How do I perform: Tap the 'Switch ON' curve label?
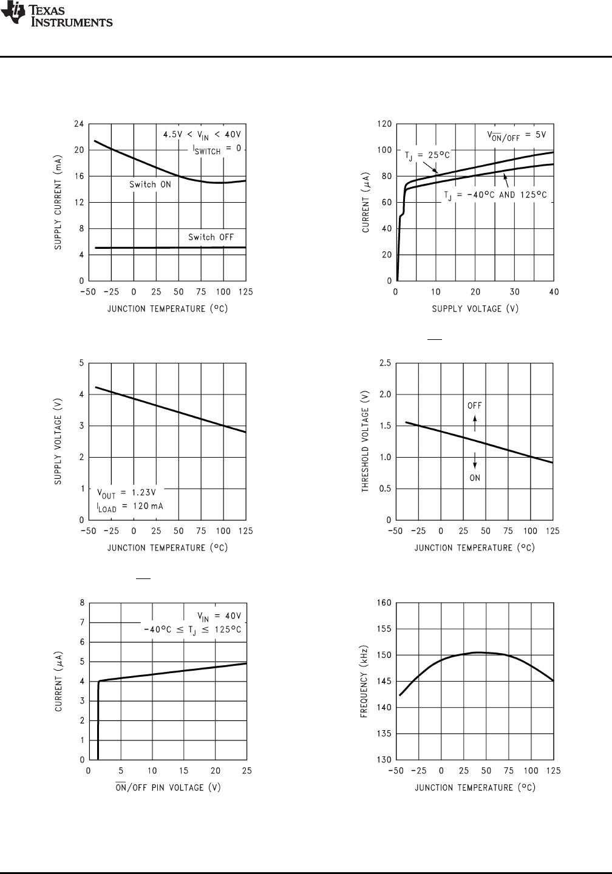pos(150,185)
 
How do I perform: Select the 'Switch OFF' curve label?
pos(211,237)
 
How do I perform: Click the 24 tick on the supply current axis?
pos(79,124)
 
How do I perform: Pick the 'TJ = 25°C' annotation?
pos(427,155)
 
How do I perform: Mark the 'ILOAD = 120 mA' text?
pos(130,506)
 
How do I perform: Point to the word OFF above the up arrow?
pos(475,406)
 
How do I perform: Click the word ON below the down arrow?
pos(475,478)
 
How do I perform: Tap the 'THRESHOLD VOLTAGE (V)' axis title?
pos(365,441)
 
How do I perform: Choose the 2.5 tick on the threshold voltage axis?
pos(384,363)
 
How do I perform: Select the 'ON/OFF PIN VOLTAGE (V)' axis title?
pos(168,787)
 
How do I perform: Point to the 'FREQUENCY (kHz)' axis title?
pos(364,681)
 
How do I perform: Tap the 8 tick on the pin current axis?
pos(82,603)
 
